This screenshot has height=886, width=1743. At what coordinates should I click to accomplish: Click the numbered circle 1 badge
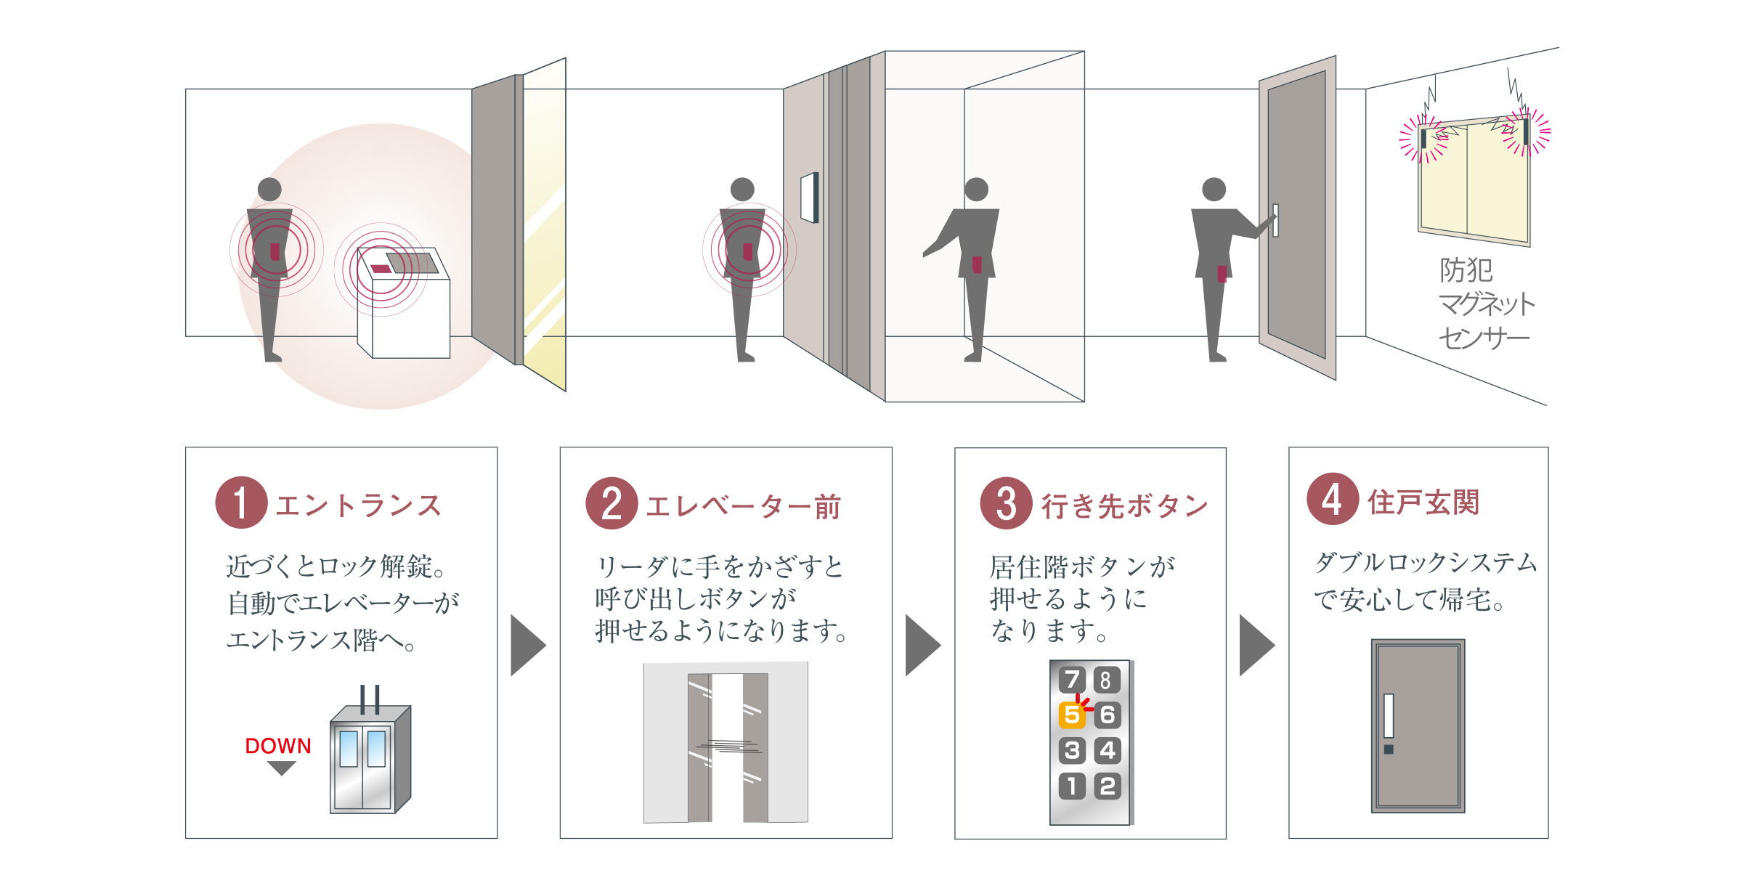pos(241,503)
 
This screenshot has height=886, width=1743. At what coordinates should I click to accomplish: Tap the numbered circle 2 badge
pos(612,503)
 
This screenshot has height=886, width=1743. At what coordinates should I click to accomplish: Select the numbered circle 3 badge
pos(1006,503)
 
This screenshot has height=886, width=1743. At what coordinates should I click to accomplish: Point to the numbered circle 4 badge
pos(1333,499)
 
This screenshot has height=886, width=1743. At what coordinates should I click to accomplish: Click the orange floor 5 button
pos(1072,715)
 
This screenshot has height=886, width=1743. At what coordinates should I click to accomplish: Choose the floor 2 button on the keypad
pos(1107,787)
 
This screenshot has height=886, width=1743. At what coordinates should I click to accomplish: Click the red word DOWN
pos(278,746)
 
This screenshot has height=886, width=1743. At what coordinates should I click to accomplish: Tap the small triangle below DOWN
pos(281,768)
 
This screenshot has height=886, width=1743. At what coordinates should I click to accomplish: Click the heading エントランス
pos(359,505)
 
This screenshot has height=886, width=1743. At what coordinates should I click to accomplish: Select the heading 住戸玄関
pos(1423,502)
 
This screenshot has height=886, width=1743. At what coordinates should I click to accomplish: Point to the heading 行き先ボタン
pos(1125,506)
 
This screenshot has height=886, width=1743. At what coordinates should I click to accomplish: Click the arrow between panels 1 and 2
pos(528,646)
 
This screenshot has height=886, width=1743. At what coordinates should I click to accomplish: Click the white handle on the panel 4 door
pos(1389,716)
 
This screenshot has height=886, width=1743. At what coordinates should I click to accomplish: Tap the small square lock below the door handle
pos(1389,749)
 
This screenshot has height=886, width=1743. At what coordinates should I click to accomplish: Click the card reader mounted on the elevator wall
pos(810,198)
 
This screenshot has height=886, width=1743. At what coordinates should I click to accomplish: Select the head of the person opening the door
pos(1214,190)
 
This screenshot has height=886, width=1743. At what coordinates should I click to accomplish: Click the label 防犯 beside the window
pos(1466,270)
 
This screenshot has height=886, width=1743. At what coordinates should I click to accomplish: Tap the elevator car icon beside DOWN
pos(370,759)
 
